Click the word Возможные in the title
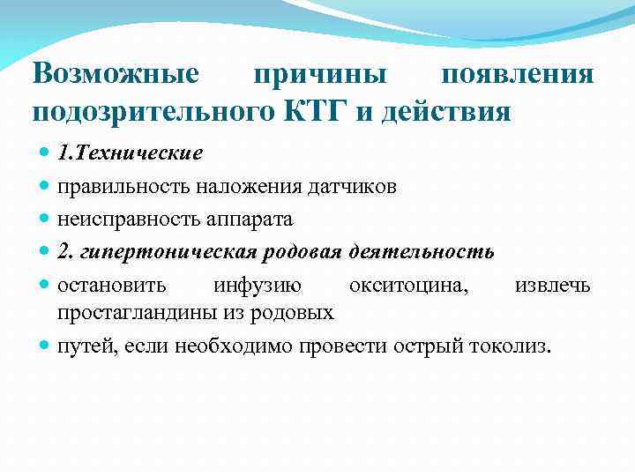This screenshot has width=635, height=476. (116, 74)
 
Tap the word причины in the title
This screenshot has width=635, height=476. (320, 74)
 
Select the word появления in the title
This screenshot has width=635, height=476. (517, 74)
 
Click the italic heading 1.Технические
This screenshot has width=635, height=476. (130, 153)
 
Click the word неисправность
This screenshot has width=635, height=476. (123, 219)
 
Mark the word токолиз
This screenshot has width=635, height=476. (515, 346)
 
